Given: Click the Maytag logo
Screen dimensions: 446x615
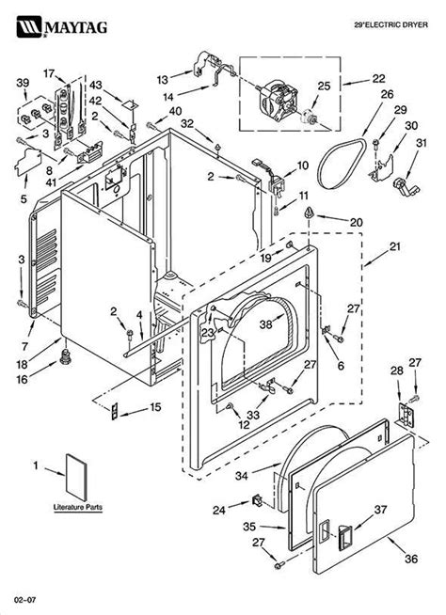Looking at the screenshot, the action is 62,26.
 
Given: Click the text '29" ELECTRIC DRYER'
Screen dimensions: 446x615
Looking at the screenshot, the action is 391,25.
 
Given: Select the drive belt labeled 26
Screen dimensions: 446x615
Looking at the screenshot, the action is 342,164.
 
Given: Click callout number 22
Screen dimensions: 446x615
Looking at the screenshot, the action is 378,78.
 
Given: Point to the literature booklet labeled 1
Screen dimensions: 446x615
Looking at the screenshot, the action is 76,478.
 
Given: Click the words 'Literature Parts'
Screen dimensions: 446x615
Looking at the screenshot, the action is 78,507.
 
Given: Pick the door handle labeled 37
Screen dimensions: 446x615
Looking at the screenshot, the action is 345,537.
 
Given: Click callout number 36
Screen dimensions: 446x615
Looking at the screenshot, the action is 411,559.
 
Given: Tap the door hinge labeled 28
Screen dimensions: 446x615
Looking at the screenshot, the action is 406,415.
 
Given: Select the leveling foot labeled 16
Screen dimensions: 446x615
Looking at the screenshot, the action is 65,356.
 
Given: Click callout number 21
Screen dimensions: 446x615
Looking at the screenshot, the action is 395,246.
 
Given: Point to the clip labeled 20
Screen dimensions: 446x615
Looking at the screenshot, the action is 309,213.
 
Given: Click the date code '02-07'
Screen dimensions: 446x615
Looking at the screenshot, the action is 25,600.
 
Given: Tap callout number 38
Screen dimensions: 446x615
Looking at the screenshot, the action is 265,324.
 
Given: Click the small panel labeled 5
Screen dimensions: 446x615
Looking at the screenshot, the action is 27,162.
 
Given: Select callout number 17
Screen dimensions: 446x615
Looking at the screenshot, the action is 49,73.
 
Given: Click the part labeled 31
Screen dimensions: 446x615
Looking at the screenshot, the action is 406,186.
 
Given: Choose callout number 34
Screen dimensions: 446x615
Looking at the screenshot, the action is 242,476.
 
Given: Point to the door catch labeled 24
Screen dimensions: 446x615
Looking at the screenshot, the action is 258,501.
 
